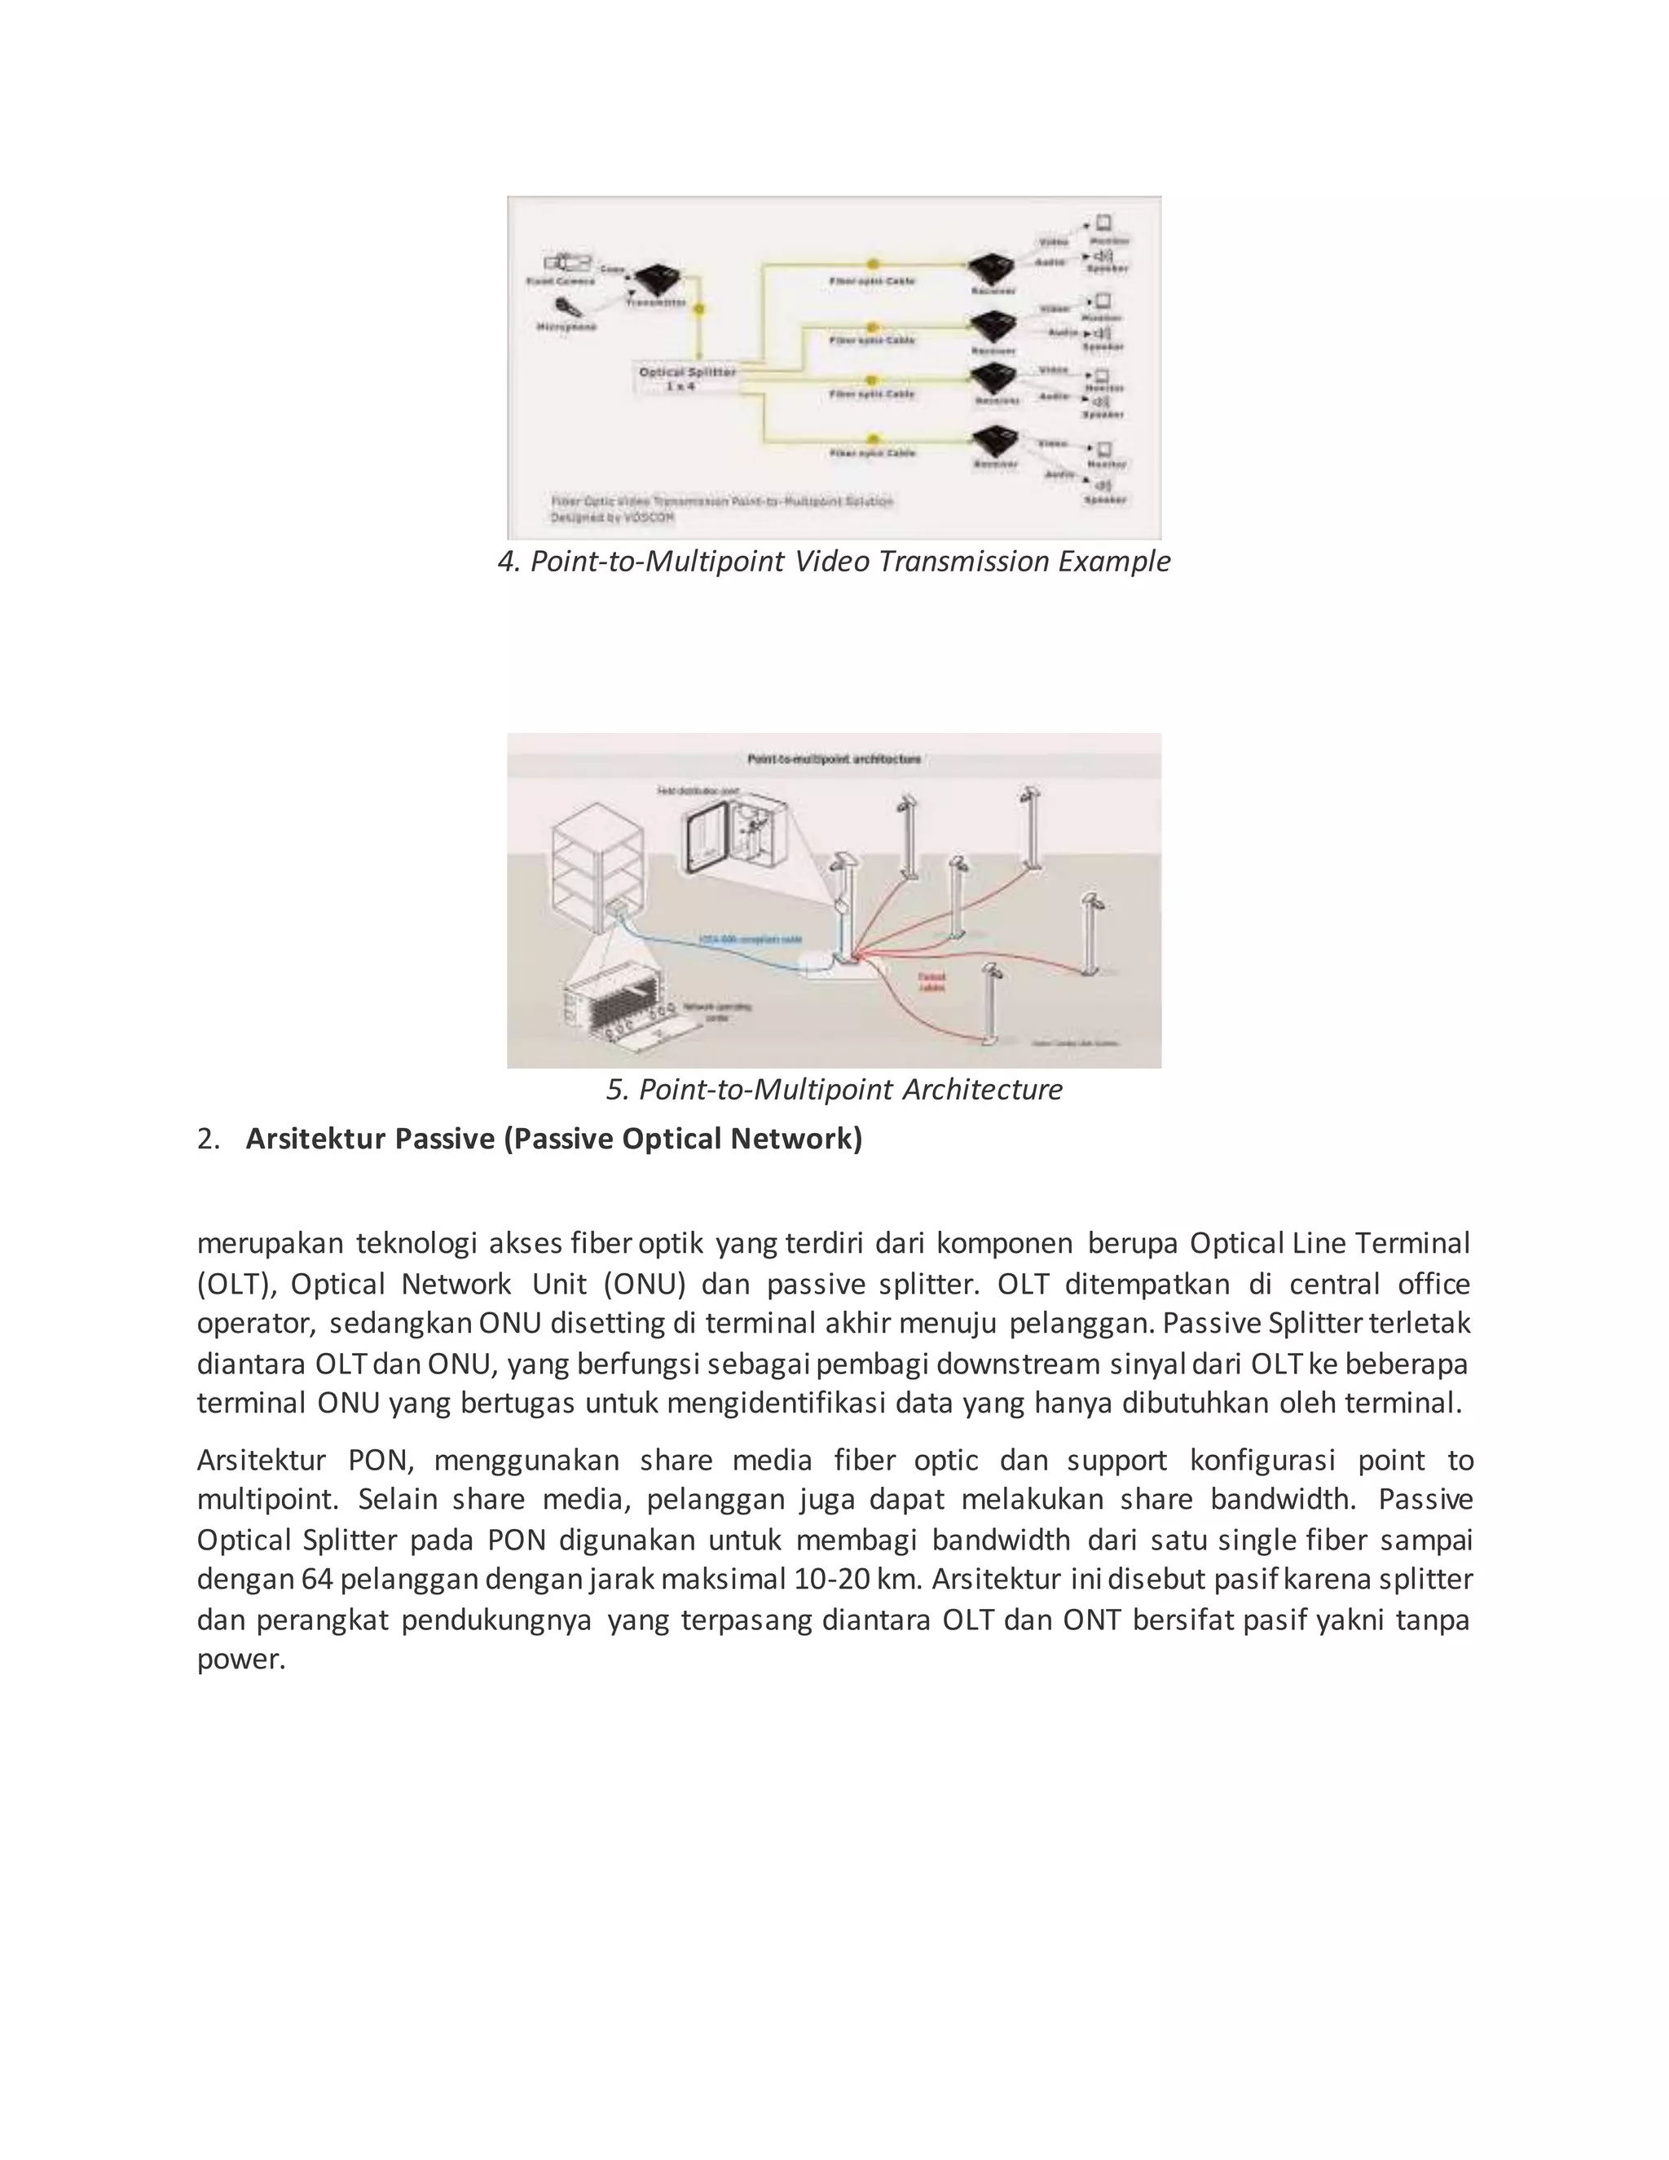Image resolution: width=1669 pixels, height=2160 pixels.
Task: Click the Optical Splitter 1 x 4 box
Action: [687, 379]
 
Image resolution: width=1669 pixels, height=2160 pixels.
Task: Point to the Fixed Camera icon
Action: [566, 263]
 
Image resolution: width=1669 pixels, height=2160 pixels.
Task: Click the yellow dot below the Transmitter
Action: [700, 310]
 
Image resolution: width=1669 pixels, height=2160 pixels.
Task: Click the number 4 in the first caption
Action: [505, 562]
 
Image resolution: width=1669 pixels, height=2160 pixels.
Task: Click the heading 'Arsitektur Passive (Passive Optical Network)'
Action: [553, 1140]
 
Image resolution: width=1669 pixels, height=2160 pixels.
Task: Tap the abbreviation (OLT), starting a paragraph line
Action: [236, 1285]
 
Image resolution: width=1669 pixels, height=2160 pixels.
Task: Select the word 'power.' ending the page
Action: [241, 1659]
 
